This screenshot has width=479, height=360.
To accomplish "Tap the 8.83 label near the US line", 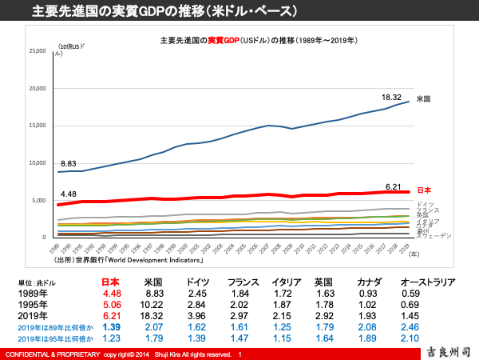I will pos(69,163).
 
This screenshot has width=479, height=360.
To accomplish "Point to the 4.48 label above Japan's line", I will pos(69,193).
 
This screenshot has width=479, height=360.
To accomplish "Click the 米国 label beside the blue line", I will pos(423,99).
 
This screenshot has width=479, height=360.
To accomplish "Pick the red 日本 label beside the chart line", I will pos(424,190).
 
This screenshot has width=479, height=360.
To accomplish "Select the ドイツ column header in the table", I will pos(198,282).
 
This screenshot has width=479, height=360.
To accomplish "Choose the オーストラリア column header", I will pos(427,282).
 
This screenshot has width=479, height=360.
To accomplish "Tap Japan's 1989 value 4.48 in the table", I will pos(112,294).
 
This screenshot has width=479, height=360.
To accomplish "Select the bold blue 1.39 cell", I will pos(112,328).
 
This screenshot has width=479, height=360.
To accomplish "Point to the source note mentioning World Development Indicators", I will pos(129,260).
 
